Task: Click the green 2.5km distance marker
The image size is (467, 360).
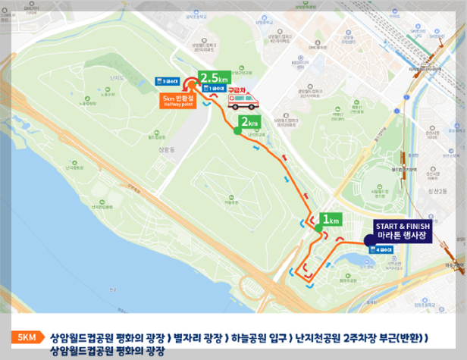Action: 215,76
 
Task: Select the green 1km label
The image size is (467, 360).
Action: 331,220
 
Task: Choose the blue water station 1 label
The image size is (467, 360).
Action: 217,88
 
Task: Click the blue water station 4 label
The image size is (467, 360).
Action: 372,247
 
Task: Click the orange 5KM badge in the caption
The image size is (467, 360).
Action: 27,337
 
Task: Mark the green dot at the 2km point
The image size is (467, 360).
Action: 237,132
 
